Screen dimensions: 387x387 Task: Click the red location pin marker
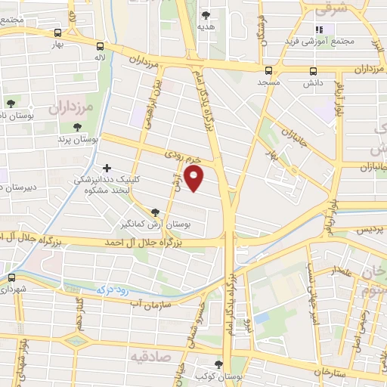(x=195, y=178)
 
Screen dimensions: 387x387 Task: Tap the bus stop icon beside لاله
(x=101, y=45)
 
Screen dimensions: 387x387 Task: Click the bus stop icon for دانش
(x=313, y=72)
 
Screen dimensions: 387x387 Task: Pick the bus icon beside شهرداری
(x=11, y=277)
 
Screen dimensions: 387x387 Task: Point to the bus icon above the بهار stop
(x=58, y=33)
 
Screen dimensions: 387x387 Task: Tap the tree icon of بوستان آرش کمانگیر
(x=155, y=212)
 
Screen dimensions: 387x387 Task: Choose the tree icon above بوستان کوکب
(x=219, y=364)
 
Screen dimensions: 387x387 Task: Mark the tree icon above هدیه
(x=206, y=14)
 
